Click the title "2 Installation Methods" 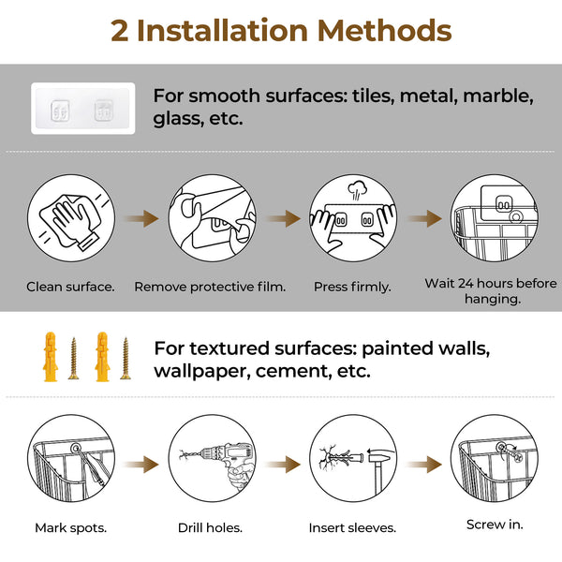[281, 30]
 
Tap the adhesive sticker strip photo [82, 109]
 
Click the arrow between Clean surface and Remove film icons [141, 218]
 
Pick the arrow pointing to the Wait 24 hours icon [423, 218]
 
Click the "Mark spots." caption [70, 527]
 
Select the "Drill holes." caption [211, 527]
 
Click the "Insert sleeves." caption [352, 527]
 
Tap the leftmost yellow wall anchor [49, 355]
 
